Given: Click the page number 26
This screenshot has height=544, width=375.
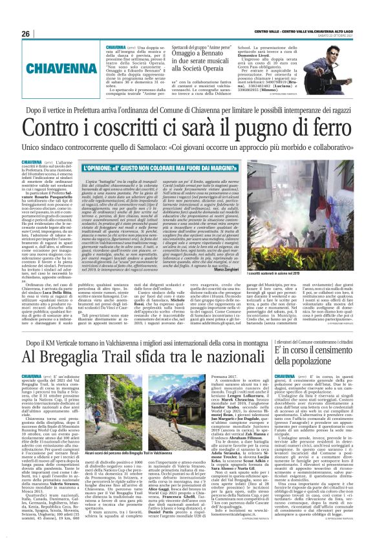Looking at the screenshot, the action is (25, 34).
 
